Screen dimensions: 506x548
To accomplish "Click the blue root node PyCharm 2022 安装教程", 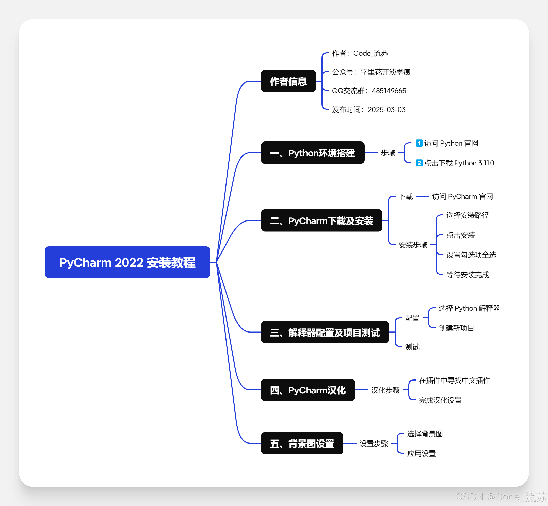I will pos(127,262).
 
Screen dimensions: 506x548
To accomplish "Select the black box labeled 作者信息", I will pos(288,81).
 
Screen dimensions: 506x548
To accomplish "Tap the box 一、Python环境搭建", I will pos(313,153).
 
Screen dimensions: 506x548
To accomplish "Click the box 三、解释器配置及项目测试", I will pos(325,332).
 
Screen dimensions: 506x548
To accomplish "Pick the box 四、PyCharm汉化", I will pos(308,390).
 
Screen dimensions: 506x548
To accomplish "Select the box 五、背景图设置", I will pos(302,443).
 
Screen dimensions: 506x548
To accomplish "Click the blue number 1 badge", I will pos(419,143).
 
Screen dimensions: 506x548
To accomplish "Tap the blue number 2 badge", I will pos(419,163).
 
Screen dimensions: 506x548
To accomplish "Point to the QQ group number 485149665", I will pos(389,91).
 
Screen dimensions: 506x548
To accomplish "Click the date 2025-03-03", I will pos(386,110).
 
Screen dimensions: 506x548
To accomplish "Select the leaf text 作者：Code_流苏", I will pos(360,53).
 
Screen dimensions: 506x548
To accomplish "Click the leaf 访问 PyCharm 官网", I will pos(462,197).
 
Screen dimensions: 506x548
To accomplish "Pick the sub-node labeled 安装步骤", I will pos(413,245).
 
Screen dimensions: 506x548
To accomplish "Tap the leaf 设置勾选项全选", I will pos(471,255).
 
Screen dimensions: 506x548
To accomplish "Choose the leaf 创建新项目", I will pos(456,328).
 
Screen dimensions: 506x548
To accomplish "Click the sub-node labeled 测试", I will pos(412,347).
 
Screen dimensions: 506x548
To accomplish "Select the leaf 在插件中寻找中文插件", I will pos(454,380).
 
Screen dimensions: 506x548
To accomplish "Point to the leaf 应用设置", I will pos(421,454).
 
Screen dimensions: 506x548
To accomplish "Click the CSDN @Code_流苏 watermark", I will pos(501,497).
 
